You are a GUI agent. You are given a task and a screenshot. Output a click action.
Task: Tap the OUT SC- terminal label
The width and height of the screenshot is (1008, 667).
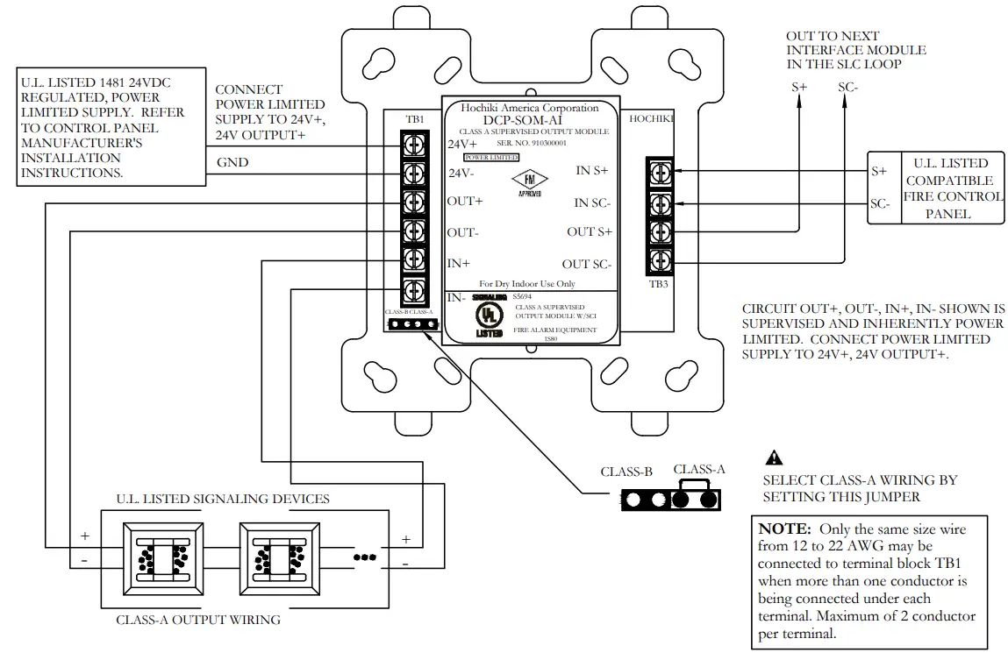(x=586, y=264)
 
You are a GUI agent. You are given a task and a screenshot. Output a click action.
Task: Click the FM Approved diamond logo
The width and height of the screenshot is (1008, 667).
(x=529, y=180)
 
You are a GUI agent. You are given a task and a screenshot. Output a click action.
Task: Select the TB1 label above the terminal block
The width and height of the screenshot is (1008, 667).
(x=414, y=119)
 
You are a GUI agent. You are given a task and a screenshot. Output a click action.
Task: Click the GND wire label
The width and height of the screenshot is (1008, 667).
(x=232, y=162)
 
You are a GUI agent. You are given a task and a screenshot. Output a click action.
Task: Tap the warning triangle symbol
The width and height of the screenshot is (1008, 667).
(x=774, y=457)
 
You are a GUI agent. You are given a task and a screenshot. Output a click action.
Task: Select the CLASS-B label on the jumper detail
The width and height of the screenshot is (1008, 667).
(x=626, y=472)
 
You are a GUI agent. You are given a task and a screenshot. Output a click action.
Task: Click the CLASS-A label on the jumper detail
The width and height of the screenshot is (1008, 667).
(x=699, y=469)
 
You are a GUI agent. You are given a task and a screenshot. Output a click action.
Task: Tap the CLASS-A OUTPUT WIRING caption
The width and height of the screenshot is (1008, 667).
(x=198, y=620)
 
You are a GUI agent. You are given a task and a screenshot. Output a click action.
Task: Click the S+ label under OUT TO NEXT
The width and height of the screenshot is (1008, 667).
(x=799, y=88)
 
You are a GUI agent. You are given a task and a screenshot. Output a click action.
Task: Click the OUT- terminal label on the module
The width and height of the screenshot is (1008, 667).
(x=462, y=232)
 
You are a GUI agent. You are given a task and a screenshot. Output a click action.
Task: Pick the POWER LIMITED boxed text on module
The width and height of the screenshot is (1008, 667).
(x=491, y=157)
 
